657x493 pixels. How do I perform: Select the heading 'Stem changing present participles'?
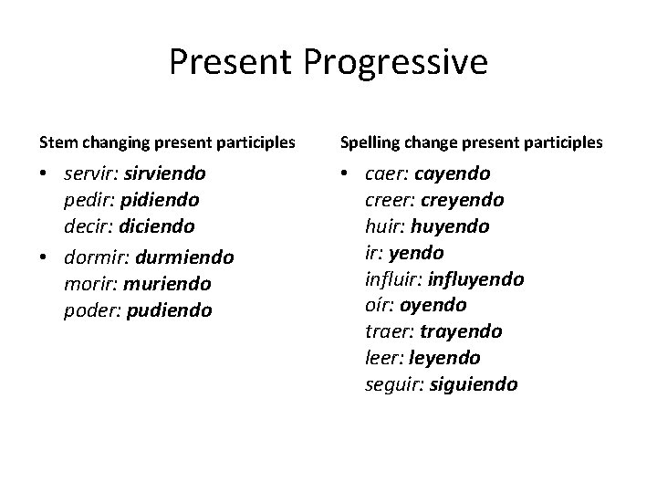pos(166,142)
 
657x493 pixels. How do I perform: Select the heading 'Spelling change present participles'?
pos(471,142)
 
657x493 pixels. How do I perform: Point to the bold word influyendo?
pos(476,278)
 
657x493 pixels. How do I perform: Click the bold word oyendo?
pos(433,305)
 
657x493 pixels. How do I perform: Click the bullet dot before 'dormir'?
pos(44,258)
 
